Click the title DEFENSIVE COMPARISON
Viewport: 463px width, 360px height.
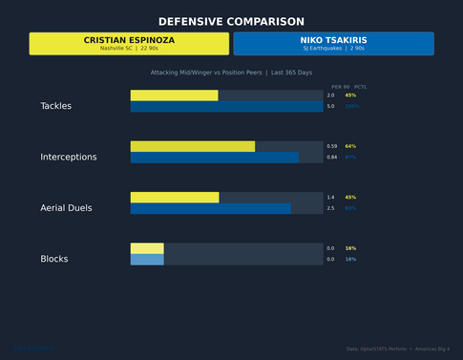pyautogui.click(x=231, y=21)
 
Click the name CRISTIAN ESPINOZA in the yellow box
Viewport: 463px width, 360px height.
pyautogui.click(x=129, y=40)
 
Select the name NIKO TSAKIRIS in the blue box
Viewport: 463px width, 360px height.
pyautogui.click(x=333, y=40)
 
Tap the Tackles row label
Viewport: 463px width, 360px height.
pyautogui.click(x=55, y=106)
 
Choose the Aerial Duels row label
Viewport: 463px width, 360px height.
pyautogui.click(x=66, y=208)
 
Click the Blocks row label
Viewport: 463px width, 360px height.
pyautogui.click(x=53, y=259)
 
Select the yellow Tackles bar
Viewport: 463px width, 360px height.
pyautogui.click(x=174, y=95)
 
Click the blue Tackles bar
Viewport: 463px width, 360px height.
pyautogui.click(x=226, y=107)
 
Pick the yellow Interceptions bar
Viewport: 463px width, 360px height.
pyautogui.click(x=192, y=146)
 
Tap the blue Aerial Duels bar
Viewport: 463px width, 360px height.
pyautogui.click(x=210, y=208)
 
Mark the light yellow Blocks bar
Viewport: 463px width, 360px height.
pyautogui.click(x=147, y=248)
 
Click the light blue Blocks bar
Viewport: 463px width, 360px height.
pyautogui.click(x=147, y=260)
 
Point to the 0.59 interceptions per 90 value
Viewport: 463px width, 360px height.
pyautogui.click(x=331, y=146)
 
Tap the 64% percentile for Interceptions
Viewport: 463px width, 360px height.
pyautogui.click(x=350, y=146)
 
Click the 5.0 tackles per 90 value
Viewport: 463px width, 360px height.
pyautogui.click(x=330, y=107)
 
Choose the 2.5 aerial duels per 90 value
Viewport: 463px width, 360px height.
pyautogui.click(x=330, y=208)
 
